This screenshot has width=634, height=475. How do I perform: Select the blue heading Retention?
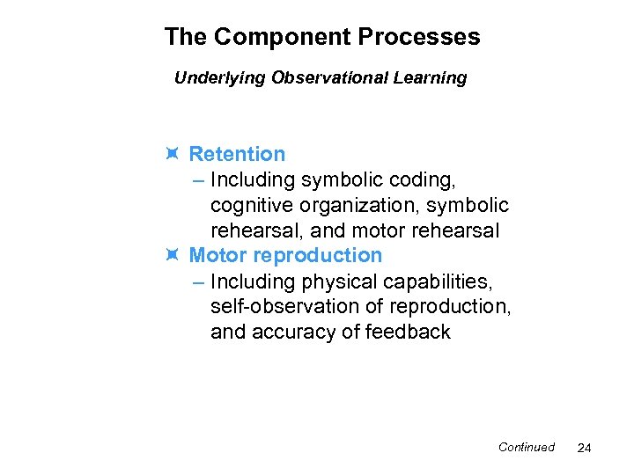[237, 154]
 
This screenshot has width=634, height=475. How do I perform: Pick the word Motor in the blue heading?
[217, 255]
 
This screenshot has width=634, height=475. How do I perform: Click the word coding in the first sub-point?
[420, 179]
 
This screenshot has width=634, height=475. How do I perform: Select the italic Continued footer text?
[526, 447]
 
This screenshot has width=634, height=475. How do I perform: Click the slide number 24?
[584, 449]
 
